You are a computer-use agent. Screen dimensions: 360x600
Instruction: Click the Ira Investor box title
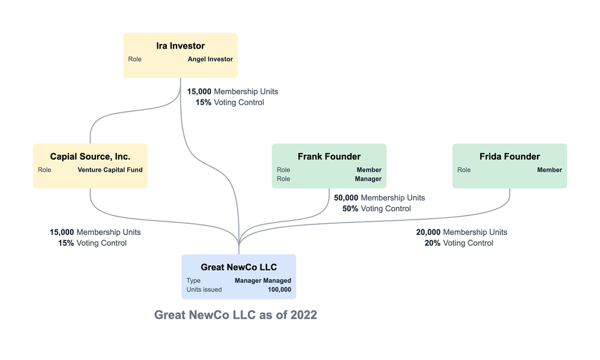180,46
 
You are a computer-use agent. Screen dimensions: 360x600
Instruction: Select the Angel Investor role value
210,59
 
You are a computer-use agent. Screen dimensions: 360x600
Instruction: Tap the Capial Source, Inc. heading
90,157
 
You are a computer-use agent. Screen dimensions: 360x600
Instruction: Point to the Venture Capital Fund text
110,170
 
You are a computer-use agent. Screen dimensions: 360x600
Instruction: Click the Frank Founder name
329,157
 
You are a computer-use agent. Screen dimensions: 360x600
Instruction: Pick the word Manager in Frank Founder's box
368,179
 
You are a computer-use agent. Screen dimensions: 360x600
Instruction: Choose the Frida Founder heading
509,157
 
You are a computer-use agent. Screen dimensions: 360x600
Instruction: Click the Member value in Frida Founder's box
549,170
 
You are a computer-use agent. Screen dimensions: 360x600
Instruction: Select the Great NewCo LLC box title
239,267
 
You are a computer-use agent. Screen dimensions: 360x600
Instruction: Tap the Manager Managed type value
263,280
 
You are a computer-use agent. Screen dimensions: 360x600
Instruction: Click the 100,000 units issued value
279,289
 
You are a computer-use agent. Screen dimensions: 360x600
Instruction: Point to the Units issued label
204,289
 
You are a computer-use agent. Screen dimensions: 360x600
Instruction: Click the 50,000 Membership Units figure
346,198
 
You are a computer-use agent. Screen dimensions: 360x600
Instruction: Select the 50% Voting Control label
376,209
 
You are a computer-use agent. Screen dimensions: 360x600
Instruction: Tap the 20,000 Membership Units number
428,232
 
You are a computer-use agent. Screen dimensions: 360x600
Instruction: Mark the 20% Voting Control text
458,243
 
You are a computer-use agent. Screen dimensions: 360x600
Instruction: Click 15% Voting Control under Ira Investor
229,103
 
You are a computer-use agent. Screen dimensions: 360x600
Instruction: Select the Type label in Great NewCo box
193,280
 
